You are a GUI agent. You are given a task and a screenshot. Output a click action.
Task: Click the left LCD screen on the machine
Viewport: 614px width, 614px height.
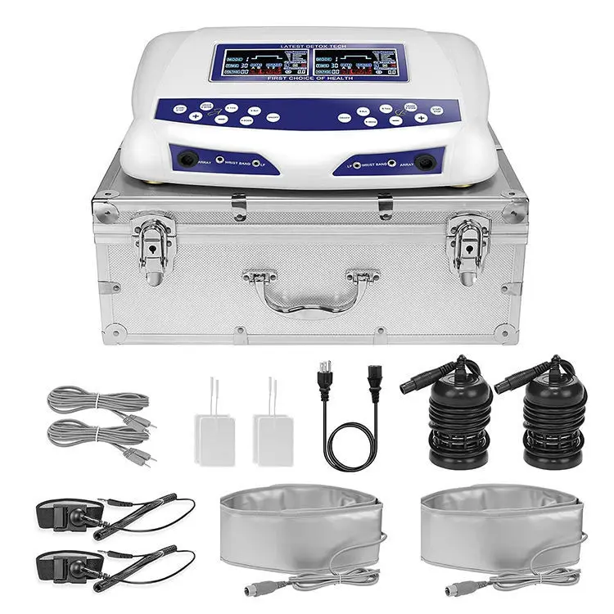(260, 62)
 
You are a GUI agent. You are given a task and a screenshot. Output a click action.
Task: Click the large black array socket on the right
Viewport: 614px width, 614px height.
(424, 161)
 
